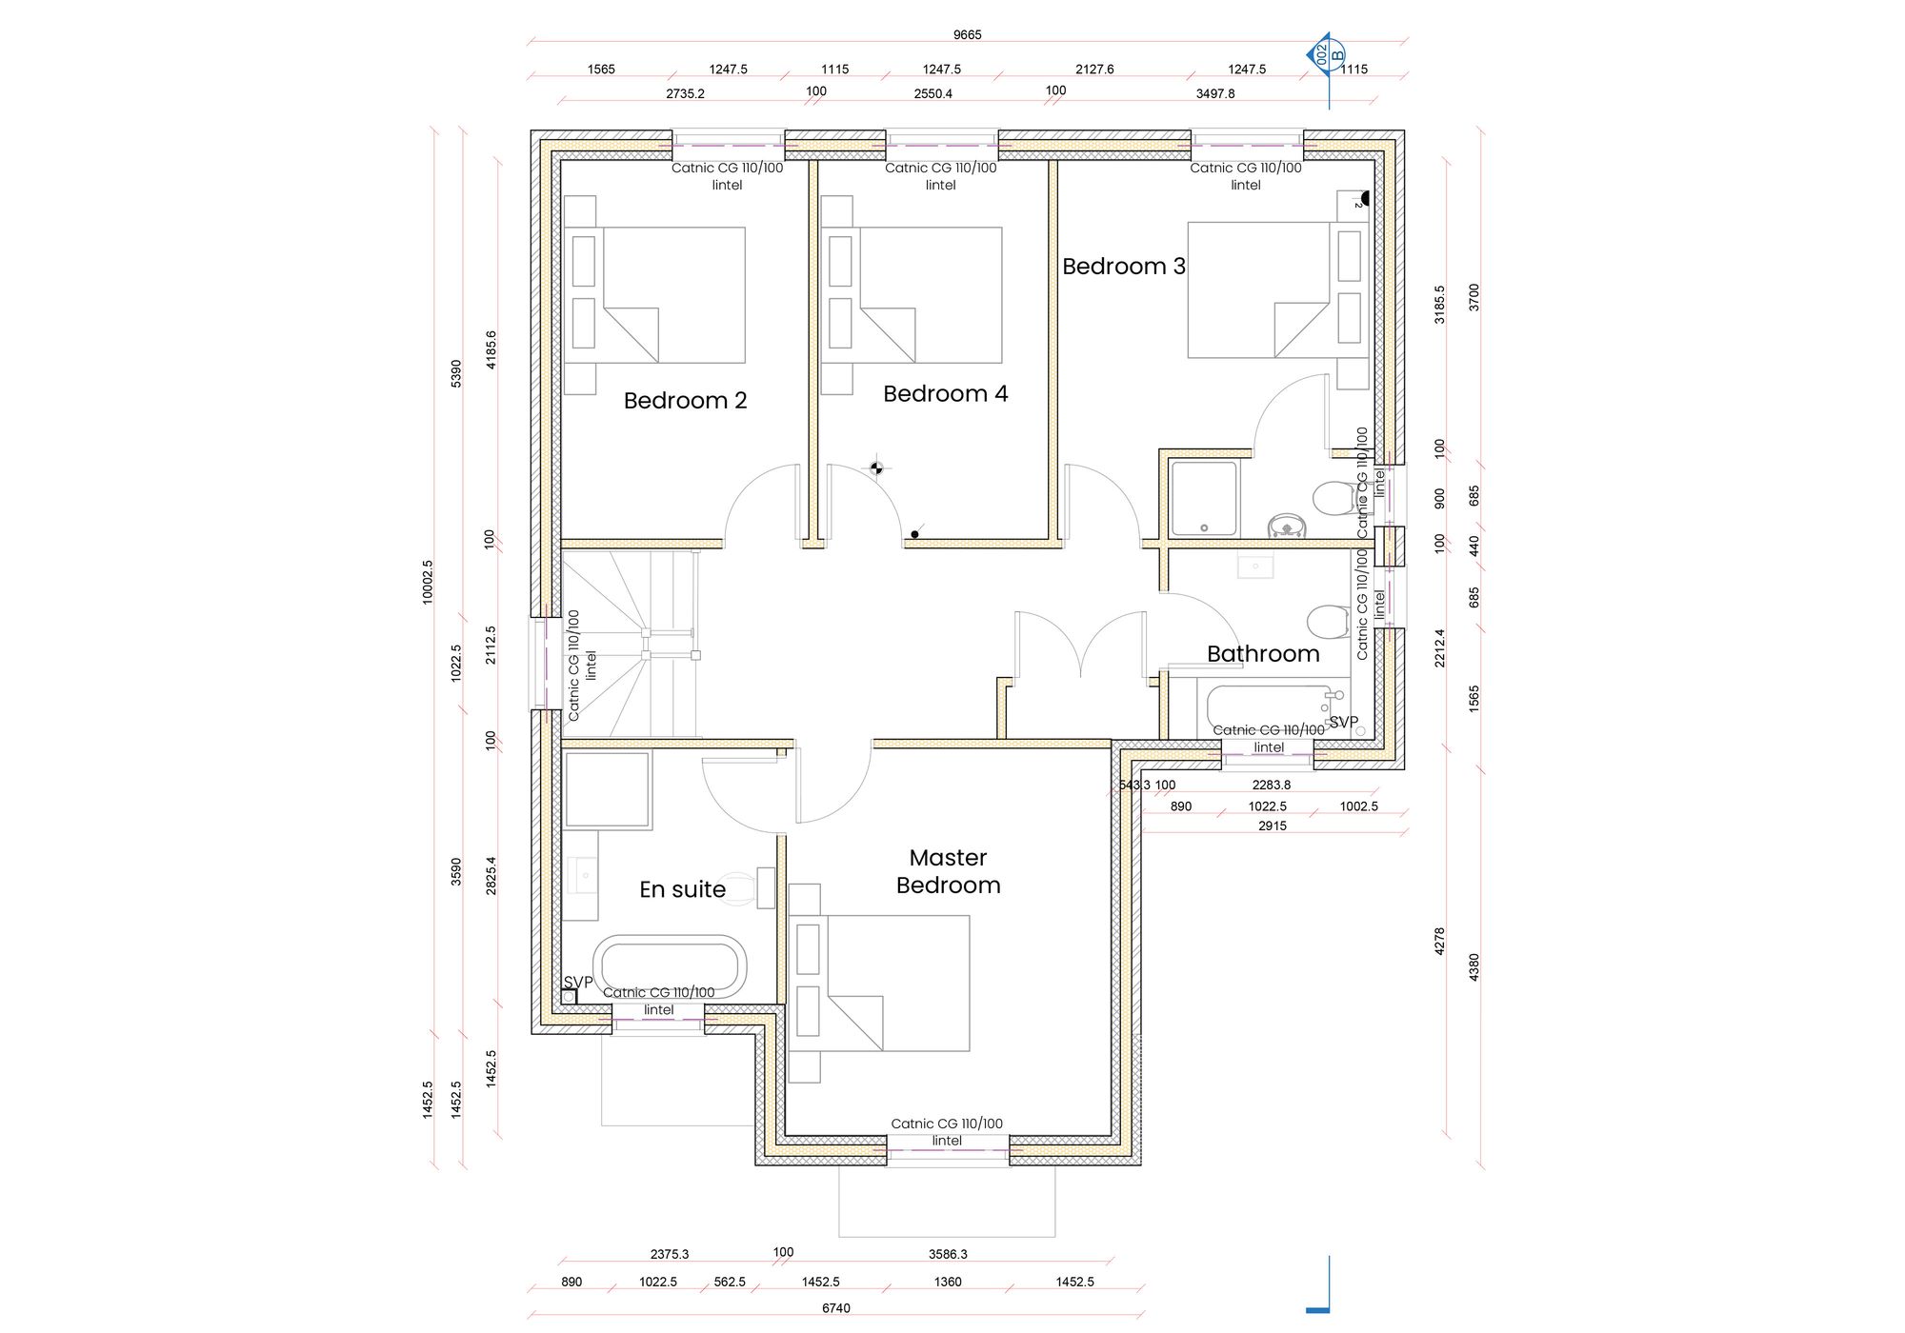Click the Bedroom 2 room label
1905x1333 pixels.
685,401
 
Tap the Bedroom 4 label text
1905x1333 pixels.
945,394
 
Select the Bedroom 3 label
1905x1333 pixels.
1124,267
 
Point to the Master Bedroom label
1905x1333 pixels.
948,871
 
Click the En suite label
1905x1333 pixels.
682,889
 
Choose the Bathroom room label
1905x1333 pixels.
1263,654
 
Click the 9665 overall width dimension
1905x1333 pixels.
967,35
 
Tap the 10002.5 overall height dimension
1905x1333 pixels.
428,581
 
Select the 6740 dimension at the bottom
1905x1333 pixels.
835,1308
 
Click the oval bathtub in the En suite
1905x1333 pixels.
671,965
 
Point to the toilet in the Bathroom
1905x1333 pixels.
1329,622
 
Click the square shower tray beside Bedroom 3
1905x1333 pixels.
1204,499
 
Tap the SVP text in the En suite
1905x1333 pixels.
578,982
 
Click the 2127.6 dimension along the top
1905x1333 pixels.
1094,70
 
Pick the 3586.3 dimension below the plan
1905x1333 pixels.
948,1254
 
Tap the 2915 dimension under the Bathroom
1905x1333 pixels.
1272,826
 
